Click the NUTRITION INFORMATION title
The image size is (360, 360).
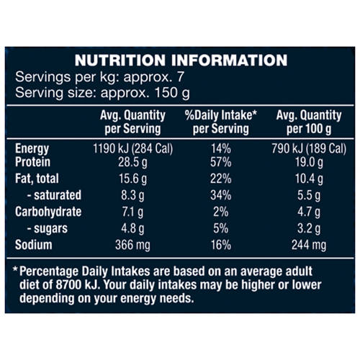pos(181,60)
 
